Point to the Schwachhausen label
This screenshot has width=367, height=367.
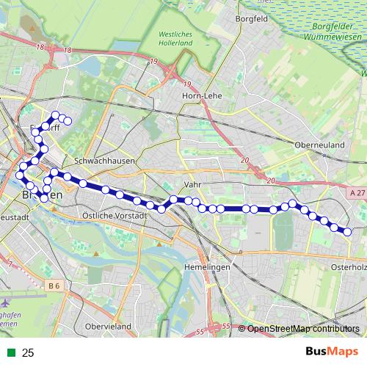[103, 159]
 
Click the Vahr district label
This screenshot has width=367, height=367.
[192, 185]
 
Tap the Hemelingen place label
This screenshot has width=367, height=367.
[208, 267]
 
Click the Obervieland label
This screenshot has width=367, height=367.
[108, 325]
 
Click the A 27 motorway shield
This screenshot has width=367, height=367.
[357, 192]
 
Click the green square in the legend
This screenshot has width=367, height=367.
[10, 353]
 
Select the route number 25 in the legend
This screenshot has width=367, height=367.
[28, 353]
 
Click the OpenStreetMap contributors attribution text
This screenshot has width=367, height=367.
[305, 329]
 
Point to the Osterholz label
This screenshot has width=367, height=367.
[349, 267]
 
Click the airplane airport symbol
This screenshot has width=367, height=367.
[6, 302]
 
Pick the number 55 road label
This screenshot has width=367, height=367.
[225, 327]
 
